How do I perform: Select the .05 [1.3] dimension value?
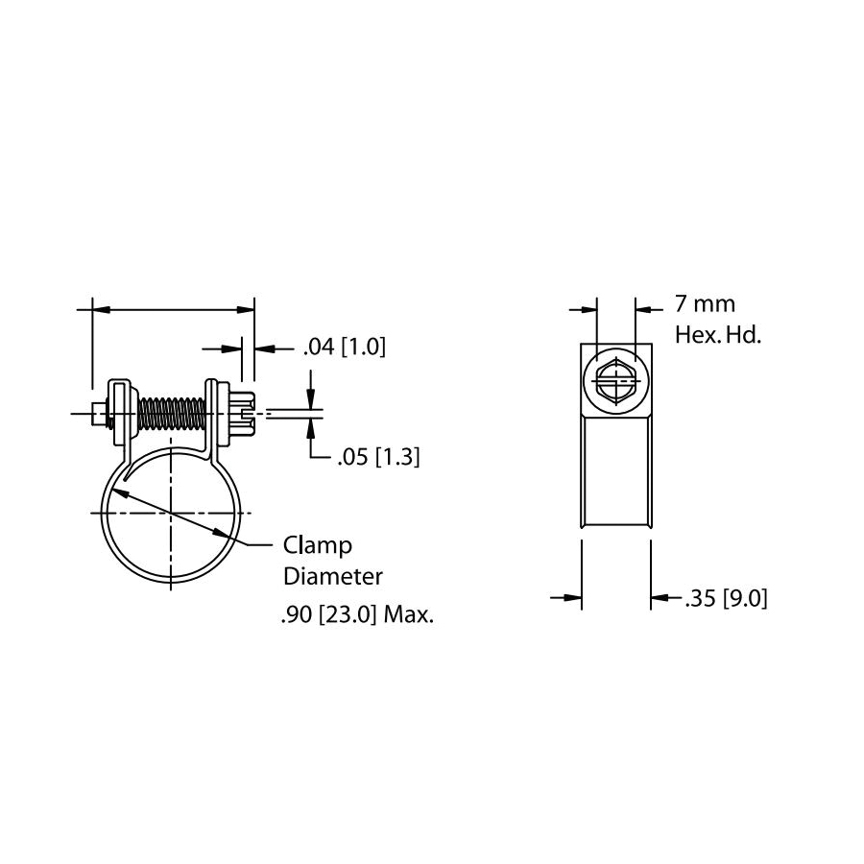click(x=378, y=458)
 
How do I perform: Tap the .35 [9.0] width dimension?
click(x=726, y=599)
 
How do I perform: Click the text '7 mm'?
click(x=706, y=304)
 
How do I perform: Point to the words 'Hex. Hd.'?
click(x=718, y=336)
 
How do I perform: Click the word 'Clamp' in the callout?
click(x=318, y=545)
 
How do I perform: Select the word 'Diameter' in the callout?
click(x=332, y=577)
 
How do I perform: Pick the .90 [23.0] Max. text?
click(x=357, y=616)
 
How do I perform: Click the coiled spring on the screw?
click(x=171, y=414)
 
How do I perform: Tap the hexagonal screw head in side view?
click(x=615, y=382)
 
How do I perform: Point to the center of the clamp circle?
click(x=170, y=514)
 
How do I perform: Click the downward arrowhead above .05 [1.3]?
click(x=311, y=403)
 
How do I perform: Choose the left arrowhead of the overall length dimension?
click(x=99, y=310)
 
